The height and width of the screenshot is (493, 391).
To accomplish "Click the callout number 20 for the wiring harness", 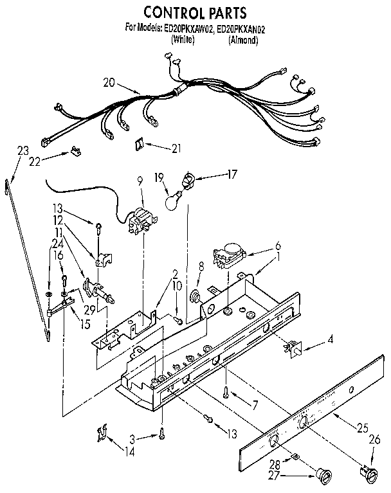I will [x=109, y=82].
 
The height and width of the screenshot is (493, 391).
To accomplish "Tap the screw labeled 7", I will [x=227, y=390].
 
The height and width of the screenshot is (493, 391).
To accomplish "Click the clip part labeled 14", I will [x=101, y=432].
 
